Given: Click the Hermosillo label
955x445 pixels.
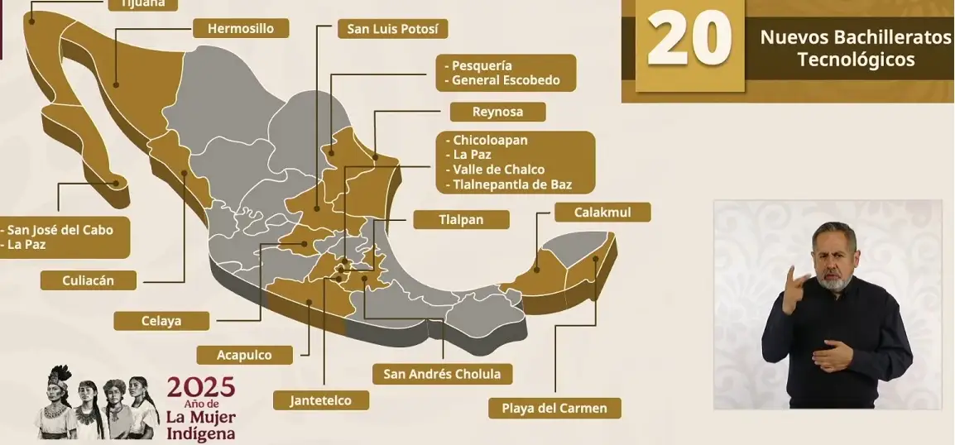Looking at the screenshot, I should tap(241, 28).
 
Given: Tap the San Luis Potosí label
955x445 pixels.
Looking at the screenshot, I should tap(392, 29).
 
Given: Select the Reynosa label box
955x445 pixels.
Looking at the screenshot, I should tap(486, 112).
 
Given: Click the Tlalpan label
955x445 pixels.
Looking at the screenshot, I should tap(460, 220).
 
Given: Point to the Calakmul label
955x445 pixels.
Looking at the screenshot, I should tap(602, 213).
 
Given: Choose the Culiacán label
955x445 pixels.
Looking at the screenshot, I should tap(89, 280).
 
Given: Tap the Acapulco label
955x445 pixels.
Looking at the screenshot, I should tap(244, 355).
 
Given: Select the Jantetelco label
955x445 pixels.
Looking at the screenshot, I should tap(320, 400).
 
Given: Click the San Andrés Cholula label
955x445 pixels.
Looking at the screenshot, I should tap(442, 374).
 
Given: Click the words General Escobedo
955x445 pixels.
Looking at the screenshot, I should tap(506, 81).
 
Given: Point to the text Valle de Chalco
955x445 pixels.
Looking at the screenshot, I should tap(499, 170).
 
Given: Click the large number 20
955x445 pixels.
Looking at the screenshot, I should tap(689, 39).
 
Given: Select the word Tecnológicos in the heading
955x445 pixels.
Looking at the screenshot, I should tap(856, 60).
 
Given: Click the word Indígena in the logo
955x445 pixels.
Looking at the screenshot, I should tap(200, 433).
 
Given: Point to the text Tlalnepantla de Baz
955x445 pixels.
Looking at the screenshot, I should tap(512, 184).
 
